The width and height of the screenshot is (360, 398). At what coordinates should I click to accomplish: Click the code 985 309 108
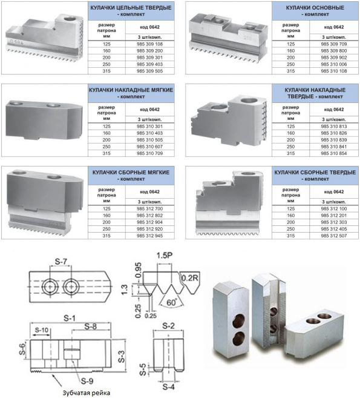pyautogui.click(x=149, y=44)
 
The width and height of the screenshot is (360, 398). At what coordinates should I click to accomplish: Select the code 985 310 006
pyautogui.click(x=333, y=64)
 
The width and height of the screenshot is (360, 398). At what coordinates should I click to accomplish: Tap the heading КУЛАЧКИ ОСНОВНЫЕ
pyautogui.click(x=315, y=8)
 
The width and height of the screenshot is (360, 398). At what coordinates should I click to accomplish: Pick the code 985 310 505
pyautogui.click(x=149, y=140)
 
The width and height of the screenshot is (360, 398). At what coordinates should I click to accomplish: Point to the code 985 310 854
pyautogui.click(x=333, y=153)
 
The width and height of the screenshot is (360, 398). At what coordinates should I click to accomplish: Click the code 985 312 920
pyautogui.click(x=149, y=229)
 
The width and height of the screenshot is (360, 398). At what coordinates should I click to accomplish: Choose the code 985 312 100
pyautogui.click(x=333, y=208)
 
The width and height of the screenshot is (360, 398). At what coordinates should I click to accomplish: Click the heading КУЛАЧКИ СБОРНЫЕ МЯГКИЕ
pyautogui.click(x=131, y=173)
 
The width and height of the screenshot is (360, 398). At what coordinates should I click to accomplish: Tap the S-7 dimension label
pyautogui.click(x=61, y=261)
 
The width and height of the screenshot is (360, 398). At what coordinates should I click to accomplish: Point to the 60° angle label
pyautogui.click(x=172, y=302)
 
